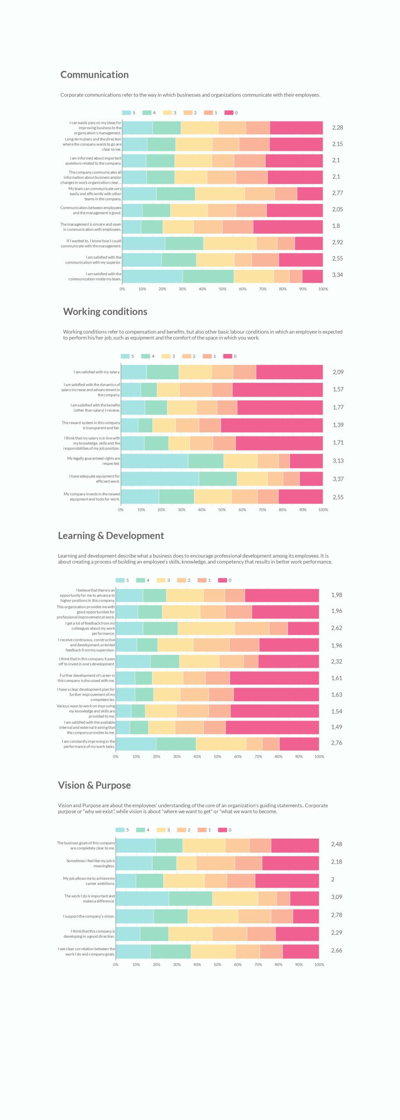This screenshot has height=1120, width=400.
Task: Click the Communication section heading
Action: point(95,75)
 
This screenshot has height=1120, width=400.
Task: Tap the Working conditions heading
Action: point(105,311)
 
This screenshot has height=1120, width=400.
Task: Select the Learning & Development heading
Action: point(111,535)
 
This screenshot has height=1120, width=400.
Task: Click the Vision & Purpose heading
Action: point(94,785)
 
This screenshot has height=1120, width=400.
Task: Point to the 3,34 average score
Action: point(337,275)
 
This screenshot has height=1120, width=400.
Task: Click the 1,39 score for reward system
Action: point(338,425)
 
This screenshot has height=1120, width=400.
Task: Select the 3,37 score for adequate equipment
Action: point(338,479)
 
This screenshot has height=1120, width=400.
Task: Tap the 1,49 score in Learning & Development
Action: point(336,727)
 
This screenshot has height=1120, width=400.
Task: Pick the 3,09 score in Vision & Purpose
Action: point(336,897)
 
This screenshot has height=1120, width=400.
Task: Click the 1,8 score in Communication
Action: point(336,226)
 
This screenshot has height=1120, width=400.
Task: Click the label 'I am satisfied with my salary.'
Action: point(97,372)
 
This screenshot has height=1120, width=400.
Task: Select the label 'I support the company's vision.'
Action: point(89,916)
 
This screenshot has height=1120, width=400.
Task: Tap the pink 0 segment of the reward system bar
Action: point(272,425)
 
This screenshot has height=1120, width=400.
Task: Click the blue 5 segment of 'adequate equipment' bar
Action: point(160,479)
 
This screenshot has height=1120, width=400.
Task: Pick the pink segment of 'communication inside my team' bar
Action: point(312,276)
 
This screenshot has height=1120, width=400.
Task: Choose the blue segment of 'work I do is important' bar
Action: point(142,898)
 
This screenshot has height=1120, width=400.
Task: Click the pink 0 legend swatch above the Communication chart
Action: point(228,113)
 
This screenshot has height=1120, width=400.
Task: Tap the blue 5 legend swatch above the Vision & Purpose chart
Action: point(120,830)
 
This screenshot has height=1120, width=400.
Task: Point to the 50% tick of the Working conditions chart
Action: point(222,510)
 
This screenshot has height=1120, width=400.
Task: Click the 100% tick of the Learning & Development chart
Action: point(319,756)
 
